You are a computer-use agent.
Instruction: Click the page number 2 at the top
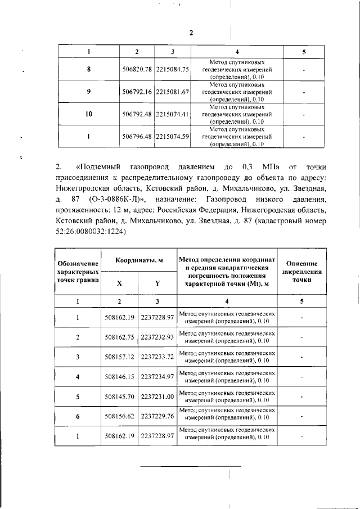coord(191,33)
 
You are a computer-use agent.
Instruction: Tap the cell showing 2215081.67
coord(173,91)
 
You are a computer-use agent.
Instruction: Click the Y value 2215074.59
coord(173,136)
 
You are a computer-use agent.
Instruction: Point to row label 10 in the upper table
coord(88,114)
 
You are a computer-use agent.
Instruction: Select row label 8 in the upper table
coord(88,69)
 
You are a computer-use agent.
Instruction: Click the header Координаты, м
coord(139,260)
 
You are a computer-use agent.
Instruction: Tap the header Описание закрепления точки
coord(302,271)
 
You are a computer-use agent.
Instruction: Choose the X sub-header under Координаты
coord(119,283)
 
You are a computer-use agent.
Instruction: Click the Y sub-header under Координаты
coord(157,283)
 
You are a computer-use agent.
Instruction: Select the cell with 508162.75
coord(119,337)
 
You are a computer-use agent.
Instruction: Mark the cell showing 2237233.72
coord(157,357)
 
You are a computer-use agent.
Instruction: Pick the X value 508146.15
coord(119,376)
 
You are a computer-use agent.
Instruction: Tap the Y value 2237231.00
coord(157,397)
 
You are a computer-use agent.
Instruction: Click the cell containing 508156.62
coord(119,416)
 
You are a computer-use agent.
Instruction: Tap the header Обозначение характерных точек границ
coord(78,271)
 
